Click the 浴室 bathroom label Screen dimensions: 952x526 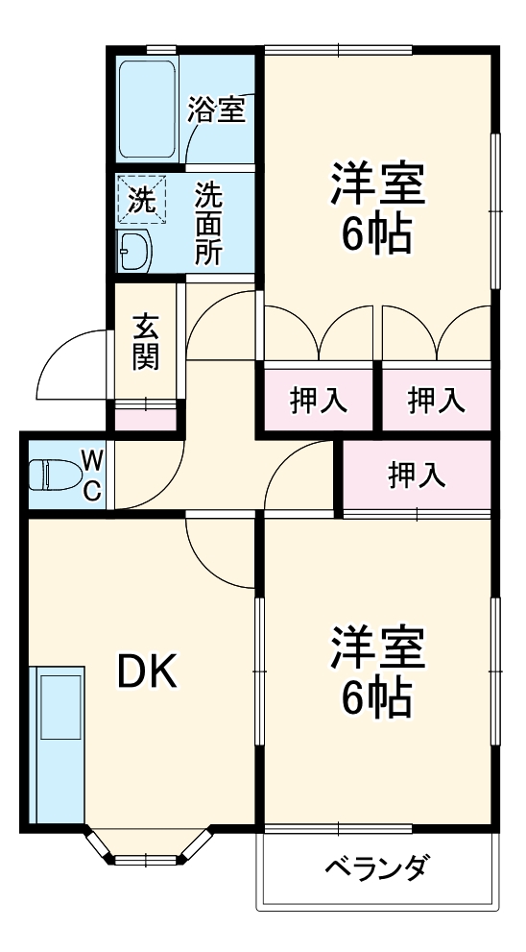(216, 110)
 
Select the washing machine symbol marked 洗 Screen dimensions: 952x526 (141, 200)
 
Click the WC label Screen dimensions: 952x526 (91, 474)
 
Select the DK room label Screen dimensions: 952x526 (147, 673)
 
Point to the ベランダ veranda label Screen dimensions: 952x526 (375, 869)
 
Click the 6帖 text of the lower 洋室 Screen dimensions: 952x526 (377, 698)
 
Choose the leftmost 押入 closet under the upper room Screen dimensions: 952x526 (318, 400)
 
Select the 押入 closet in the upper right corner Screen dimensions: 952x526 (436, 400)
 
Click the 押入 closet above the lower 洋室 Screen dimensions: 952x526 (417, 474)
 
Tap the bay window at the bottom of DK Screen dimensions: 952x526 (147, 851)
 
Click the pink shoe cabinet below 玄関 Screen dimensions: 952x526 (146, 418)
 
